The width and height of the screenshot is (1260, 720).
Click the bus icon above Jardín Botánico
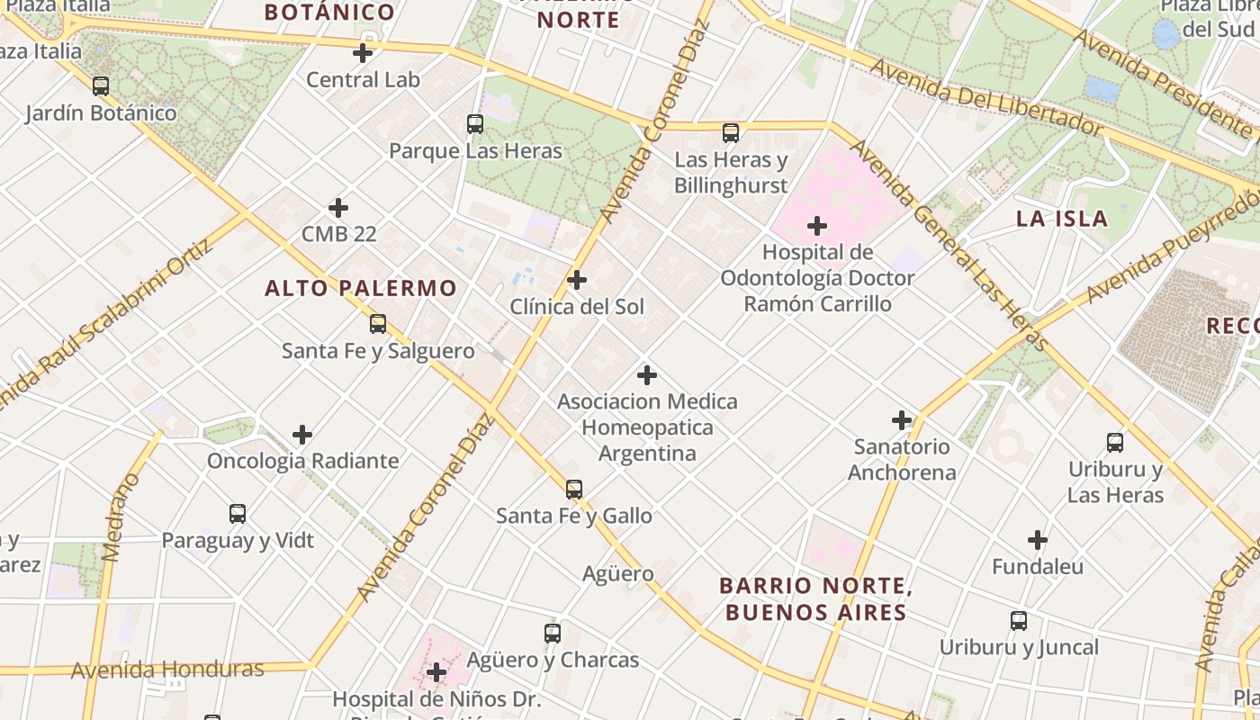click(x=101, y=86)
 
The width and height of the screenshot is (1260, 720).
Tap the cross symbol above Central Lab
click(x=363, y=53)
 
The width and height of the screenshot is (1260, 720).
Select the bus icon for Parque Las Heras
click(x=475, y=124)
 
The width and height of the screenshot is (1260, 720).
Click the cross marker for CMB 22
click(x=338, y=208)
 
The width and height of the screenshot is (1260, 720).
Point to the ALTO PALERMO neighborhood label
click(x=361, y=288)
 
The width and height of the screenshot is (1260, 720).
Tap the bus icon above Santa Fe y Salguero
click(x=378, y=324)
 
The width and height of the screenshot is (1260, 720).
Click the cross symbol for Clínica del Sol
click(x=577, y=281)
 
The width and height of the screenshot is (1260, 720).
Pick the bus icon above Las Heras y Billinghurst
click(x=731, y=133)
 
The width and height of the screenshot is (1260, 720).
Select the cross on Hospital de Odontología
click(x=817, y=226)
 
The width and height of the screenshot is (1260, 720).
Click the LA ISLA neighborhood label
click(x=1062, y=219)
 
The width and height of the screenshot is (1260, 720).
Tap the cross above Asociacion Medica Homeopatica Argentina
click(x=647, y=375)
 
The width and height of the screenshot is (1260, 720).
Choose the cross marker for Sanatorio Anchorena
click(x=902, y=420)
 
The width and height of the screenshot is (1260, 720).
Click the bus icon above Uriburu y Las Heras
click(x=1115, y=443)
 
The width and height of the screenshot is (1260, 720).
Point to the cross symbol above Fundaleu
click(x=1038, y=541)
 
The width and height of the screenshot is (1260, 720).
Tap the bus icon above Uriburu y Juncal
click(x=1019, y=621)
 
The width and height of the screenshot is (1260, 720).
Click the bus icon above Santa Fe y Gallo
click(x=574, y=490)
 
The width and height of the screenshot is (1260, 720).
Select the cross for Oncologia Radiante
click(x=302, y=436)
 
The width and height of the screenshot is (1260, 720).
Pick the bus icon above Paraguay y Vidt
click(x=238, y=514)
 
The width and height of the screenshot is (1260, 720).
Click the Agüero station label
click(x=618, y=573)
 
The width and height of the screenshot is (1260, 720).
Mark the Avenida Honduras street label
click(x=167, y=670)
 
